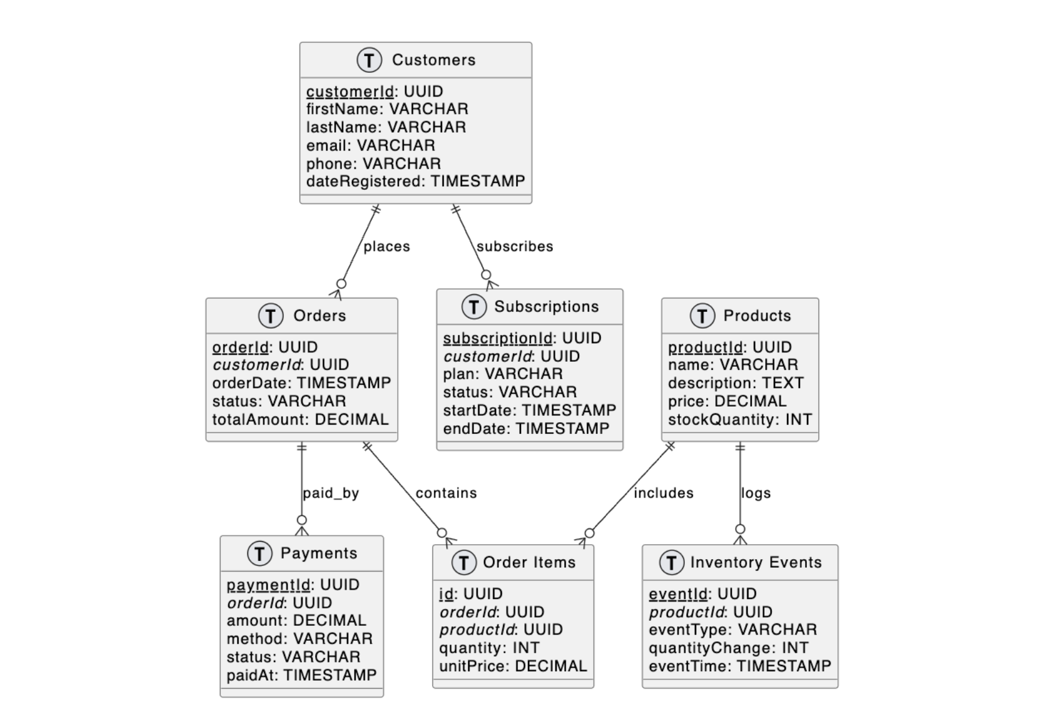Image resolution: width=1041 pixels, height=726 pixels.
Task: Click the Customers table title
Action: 433,60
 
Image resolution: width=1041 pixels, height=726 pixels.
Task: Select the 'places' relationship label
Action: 387,247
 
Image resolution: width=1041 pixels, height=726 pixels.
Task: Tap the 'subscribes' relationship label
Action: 515,247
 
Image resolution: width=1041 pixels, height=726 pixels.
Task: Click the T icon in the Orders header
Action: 270,316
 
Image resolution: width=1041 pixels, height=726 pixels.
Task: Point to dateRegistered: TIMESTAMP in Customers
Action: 415,181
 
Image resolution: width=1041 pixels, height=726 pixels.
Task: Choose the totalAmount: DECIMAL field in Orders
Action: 300,420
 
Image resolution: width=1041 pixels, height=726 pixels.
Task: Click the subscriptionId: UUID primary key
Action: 522,338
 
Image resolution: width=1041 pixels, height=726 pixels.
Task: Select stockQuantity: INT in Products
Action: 740,420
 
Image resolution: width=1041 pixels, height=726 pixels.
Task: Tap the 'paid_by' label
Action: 331,493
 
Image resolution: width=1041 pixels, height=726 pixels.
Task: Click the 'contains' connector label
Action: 446,493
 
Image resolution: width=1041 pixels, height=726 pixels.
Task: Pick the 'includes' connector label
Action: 663,493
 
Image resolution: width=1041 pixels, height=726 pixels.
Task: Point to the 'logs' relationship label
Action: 756,493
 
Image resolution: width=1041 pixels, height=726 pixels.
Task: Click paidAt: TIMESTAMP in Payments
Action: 301,675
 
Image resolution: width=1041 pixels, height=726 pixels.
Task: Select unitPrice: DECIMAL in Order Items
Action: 513,666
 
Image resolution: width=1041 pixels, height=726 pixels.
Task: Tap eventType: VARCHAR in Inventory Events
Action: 732,629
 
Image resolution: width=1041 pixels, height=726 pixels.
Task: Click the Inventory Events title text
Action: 756,562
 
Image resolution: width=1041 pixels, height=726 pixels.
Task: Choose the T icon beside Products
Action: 702,316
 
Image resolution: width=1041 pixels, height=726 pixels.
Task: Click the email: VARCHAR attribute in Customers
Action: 370,145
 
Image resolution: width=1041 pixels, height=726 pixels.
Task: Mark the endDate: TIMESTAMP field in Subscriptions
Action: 526,428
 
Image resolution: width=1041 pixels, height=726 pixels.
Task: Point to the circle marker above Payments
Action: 302,520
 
